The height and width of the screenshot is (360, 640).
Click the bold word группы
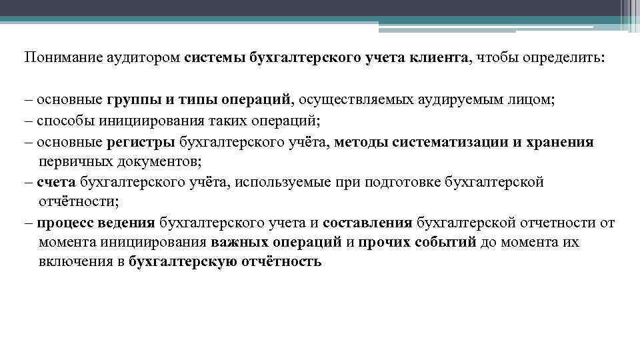133,100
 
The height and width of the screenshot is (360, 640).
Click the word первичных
70,161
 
